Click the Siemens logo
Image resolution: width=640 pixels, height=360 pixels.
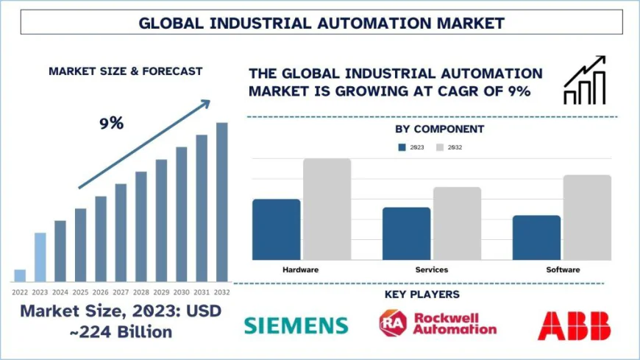(x=295, y=325)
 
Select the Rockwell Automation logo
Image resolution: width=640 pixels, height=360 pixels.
(x=437, y=323)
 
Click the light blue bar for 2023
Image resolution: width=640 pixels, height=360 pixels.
(x=40, y=257)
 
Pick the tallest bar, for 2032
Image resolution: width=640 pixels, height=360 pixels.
(x=221, y=202)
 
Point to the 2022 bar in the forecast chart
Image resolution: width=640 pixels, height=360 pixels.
(x=20, y=275)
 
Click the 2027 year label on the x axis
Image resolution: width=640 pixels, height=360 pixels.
(x=121, y=292)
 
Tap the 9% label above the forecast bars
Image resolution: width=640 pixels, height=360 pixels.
(x=111, y=124)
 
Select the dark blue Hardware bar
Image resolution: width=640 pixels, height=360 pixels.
(x=276, y=229)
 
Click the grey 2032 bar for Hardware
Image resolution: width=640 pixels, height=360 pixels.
(x=327, y=209)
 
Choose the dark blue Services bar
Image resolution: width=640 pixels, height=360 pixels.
(x=406, y=233)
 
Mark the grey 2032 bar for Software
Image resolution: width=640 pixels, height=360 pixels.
(x=587, y=217)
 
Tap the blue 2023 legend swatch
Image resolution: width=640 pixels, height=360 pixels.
(x=402, y=147)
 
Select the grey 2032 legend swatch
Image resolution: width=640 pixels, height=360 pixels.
(x=440, y=147)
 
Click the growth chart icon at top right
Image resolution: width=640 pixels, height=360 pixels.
(x=585, y=80)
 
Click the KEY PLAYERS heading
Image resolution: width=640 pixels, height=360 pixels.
(x=422, y=294)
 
